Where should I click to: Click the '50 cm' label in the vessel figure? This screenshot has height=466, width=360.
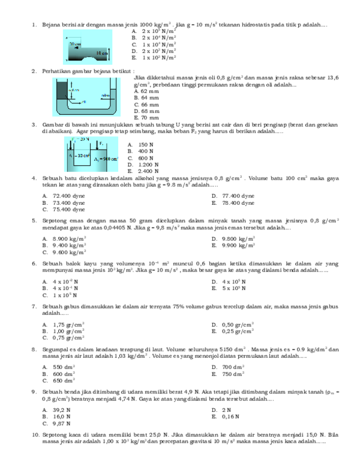click(x=75, y=44)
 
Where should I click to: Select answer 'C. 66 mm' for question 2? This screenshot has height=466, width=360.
click(x=146, y=104)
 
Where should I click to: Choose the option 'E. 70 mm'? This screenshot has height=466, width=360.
click(x=146, y=118)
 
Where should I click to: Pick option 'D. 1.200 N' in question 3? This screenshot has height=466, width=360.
click(x=144, y=165)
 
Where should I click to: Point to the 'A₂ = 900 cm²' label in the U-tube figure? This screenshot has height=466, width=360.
click(x=106, y=159)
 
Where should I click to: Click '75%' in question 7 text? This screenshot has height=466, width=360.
click(x=179, y=306)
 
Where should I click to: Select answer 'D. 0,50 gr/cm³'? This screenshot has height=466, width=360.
click(x=233, y=324)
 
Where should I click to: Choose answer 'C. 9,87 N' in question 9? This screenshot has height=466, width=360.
click(x=58, y=423)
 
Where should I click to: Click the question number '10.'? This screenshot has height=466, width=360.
click(x=34, y=434)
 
